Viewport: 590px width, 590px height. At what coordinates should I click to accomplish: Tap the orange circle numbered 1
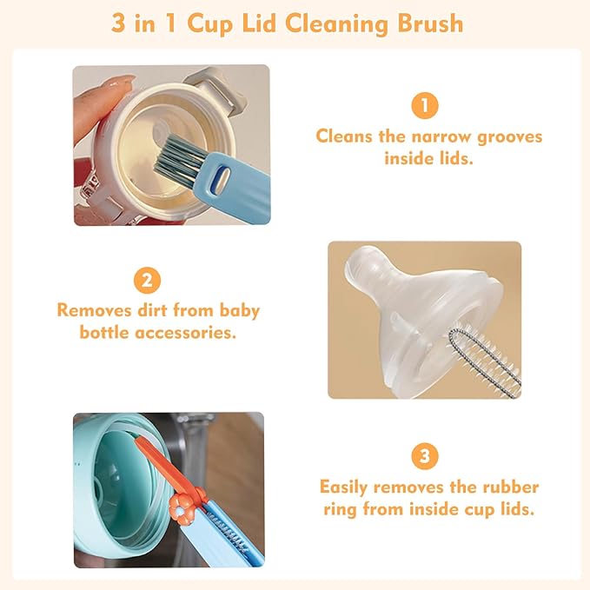pos(424,106)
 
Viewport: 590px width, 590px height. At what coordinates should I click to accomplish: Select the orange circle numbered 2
pos(147,280)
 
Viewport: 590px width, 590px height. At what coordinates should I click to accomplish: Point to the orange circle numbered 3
pos(424,455)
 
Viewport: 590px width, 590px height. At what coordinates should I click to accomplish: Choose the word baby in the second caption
pos(238,310)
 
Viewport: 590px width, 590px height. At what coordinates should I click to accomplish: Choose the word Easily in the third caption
pos(349,487)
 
